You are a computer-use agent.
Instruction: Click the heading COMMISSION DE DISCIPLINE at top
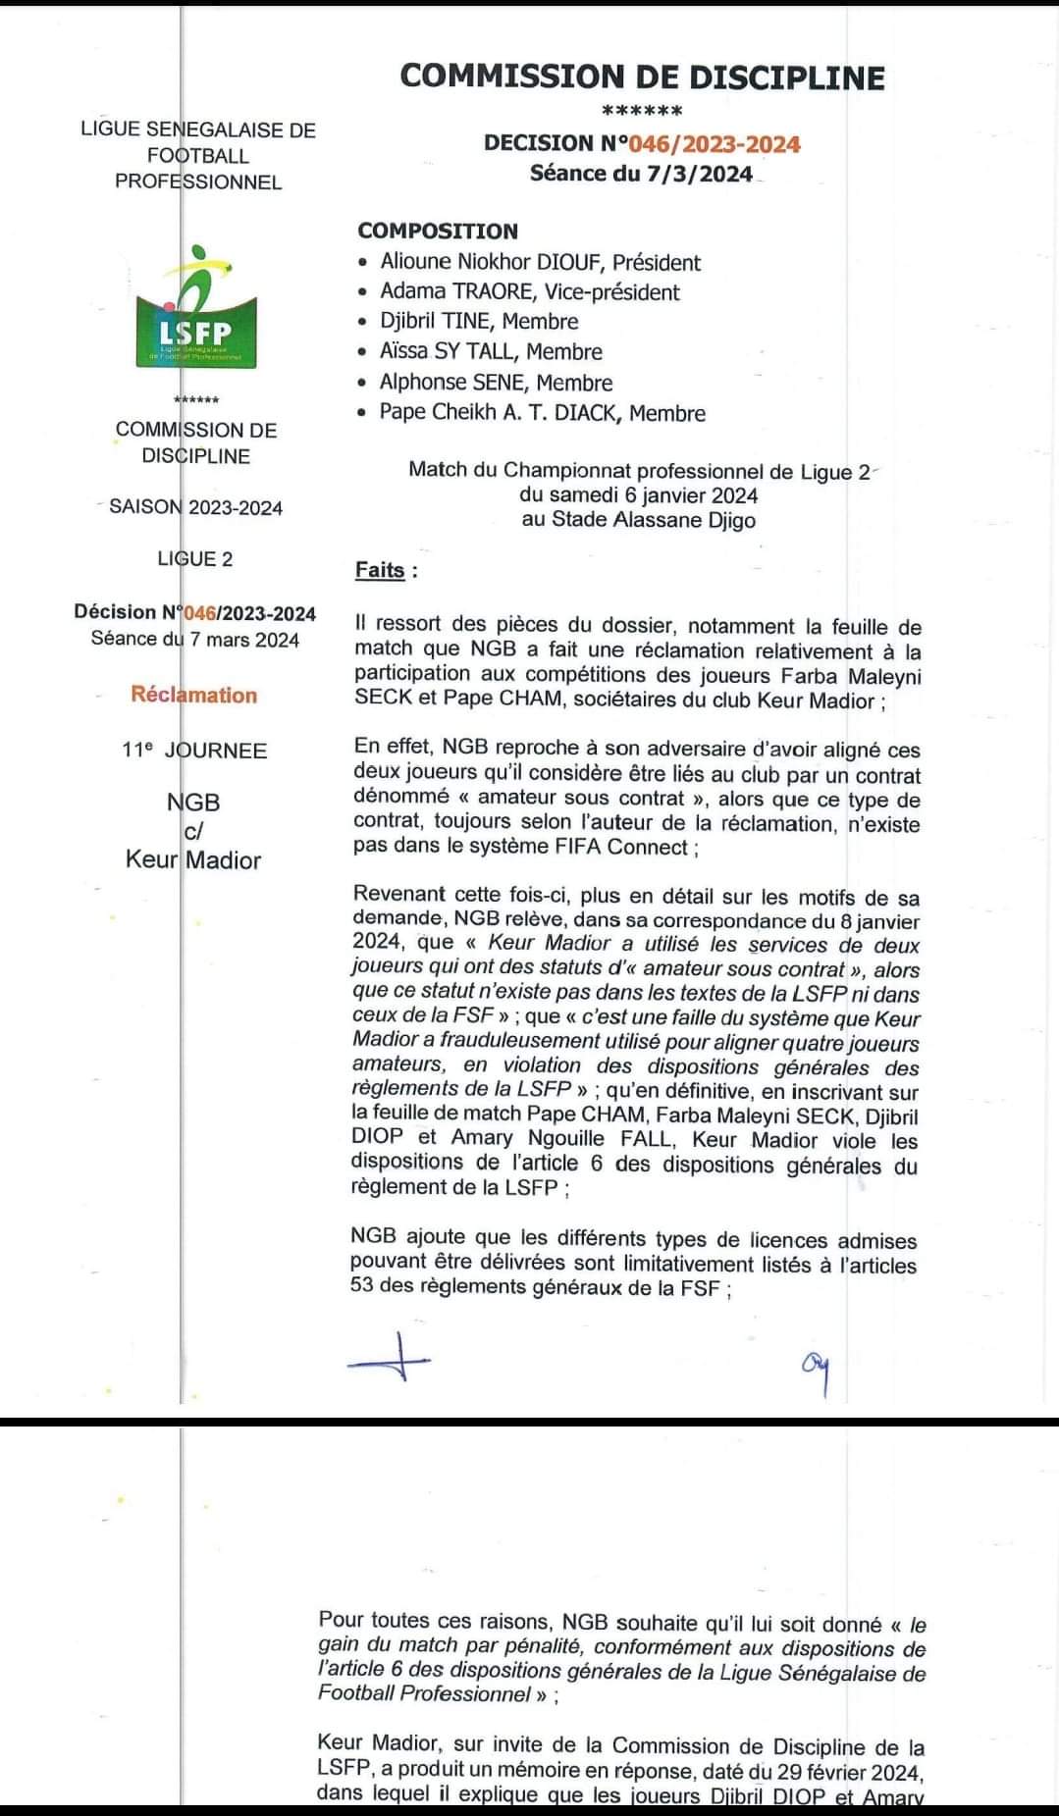pos(642,78)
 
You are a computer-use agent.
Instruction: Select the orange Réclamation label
pos(193,695)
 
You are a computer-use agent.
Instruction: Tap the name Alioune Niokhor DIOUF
pos(540,262)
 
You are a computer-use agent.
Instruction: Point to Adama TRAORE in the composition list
pos(529,291)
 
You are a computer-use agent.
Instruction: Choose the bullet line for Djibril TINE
pos(479,321)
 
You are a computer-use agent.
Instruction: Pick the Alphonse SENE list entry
pos(496,382)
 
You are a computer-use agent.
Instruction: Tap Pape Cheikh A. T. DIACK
pos(542,412)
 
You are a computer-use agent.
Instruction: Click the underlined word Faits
pos(380,570)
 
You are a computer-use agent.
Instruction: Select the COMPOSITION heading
pos(438,232)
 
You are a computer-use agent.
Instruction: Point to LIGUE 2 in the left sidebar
pos(195,559)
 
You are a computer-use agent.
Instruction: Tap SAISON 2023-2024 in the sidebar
pos(195,507)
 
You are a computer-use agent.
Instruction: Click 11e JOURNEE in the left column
pos(193,751)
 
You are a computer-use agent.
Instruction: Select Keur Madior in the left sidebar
pos(193,860)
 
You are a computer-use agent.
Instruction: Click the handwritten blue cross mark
pos(390,1359)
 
